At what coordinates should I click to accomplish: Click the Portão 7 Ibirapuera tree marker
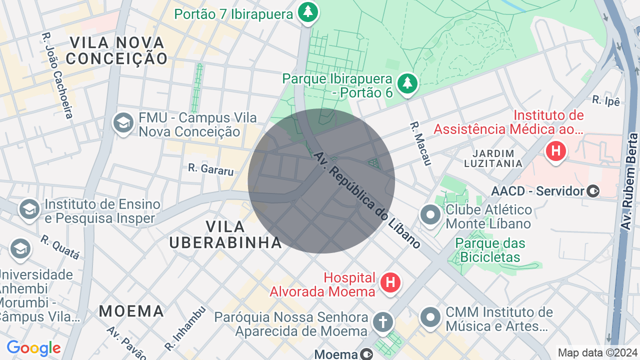click(308, 12)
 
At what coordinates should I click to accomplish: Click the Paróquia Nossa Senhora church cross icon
click(382, 322)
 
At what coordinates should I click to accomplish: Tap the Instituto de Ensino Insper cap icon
click(29, 209)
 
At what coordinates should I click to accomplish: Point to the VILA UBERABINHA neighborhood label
click(225, 234)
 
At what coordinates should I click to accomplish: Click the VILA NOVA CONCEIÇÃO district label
click(117, 50)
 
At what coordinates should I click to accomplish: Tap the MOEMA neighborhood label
click(131, 311)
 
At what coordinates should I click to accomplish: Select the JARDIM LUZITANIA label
click(493, 158)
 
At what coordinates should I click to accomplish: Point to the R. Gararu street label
click(211, 169)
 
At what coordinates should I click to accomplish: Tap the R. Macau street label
click(420, 143)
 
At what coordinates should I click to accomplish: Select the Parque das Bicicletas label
click(490, 250)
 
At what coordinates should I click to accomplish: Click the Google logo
click(33, 348)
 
